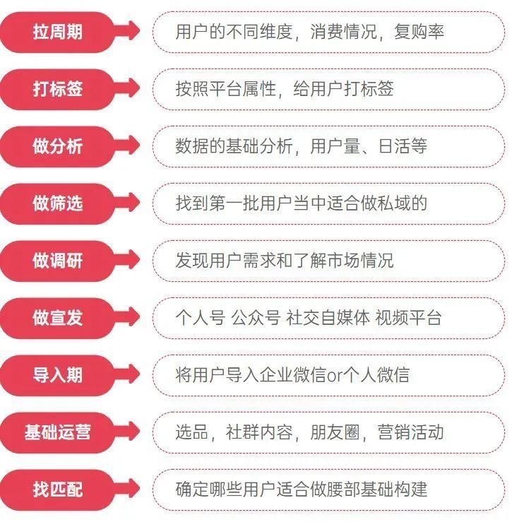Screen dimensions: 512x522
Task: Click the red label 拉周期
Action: point(57,32)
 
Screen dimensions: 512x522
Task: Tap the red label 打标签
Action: point(57,89)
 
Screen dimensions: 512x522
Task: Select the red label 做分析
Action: point(57,146)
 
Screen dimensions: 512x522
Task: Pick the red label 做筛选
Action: point(57,203)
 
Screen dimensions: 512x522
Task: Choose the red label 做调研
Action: point(57,261)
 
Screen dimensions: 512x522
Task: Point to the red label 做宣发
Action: point(57,318)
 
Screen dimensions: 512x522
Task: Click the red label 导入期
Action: point(57,375)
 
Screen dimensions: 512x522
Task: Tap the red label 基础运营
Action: point(57,432)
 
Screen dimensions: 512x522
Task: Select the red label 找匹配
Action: point(57,490)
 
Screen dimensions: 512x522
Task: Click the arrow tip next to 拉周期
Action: point(139,30)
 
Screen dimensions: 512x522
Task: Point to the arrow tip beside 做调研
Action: point(139,260)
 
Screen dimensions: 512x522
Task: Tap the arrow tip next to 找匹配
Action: point(139,489)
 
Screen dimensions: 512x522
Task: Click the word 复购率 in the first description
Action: point(419,32)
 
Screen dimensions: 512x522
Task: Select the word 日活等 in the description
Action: point(403,146)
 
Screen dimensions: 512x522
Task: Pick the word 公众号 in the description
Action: point(256,318)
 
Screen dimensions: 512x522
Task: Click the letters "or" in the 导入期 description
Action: point(335,376)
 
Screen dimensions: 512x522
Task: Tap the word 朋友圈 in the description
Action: point(335,432)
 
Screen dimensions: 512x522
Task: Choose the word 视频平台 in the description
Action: point(409,318)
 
